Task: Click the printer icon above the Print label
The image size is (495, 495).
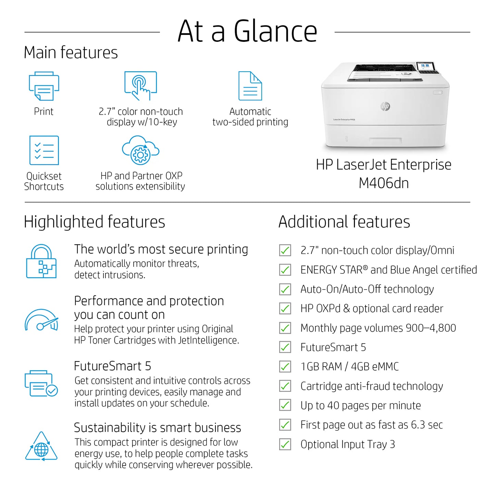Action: point(44,86)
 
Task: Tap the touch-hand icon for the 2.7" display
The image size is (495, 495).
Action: point(140,86)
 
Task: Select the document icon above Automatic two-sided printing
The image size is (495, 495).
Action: point(250,86)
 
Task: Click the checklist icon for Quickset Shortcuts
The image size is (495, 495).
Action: point(44,150)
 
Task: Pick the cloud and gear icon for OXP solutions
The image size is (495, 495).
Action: point(140,150)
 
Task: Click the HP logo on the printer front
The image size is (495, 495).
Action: point(385,106)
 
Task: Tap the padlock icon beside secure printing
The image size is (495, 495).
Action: point(41,261)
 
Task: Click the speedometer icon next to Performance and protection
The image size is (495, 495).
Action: point(41,320)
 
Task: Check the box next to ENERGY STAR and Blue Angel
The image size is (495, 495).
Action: point(285,270)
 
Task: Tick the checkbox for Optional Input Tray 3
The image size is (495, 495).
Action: point(285,444)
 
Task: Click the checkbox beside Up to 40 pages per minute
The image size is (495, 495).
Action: point(285,405)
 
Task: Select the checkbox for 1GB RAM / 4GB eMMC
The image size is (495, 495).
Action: point(285,367)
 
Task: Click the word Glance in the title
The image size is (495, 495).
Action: point(276,31)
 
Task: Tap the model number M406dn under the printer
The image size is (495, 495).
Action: point(384,183)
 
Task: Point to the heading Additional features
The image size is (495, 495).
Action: point(344,222)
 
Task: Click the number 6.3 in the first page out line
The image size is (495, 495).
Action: point(418,425)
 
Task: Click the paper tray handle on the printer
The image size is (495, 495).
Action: point(385,140)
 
